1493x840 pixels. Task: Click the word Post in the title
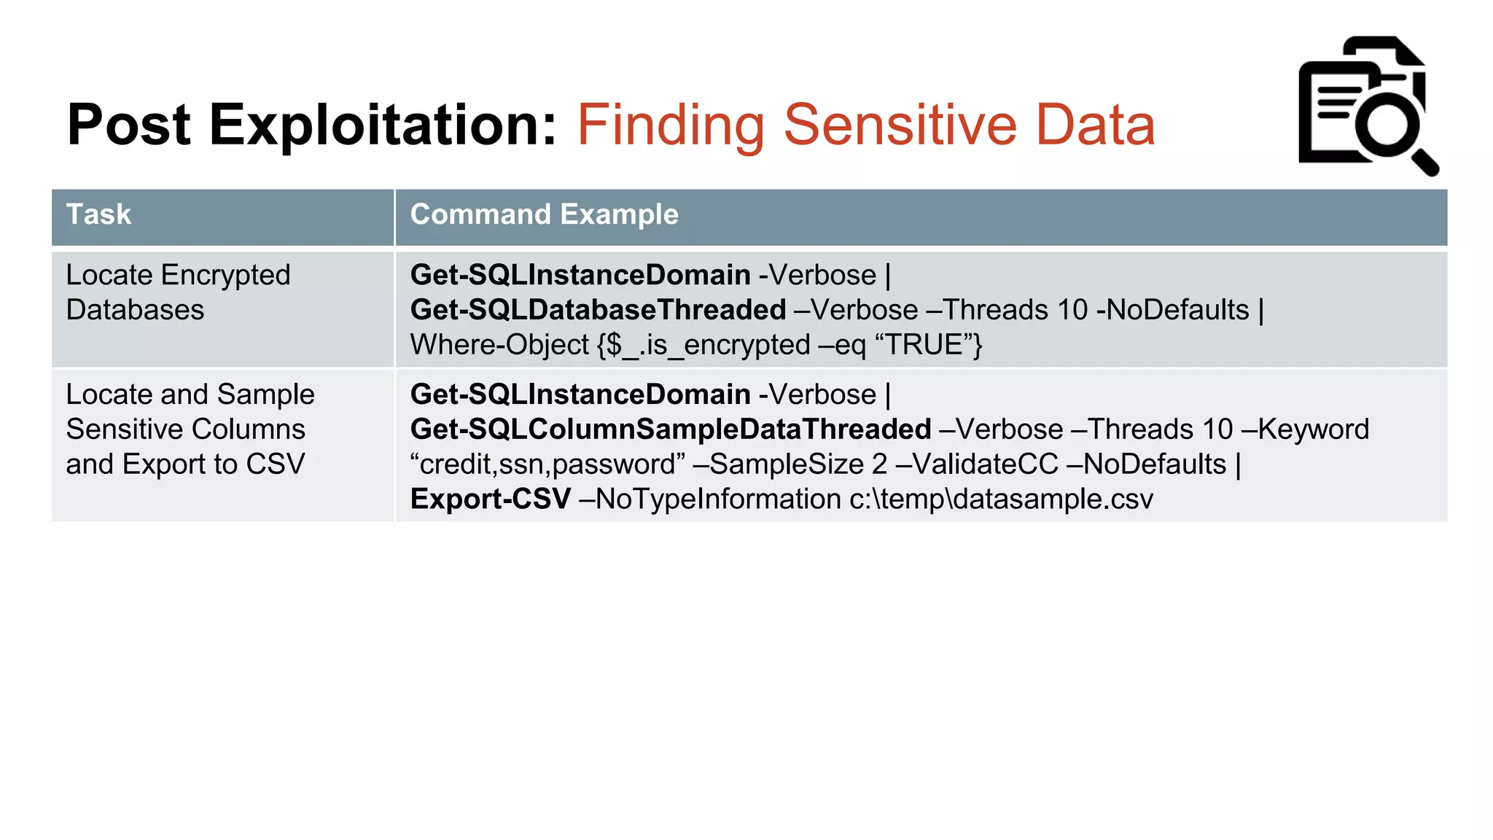point(128,125)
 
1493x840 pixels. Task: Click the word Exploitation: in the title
point(383,125)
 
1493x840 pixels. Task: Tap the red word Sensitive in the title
point(900,125)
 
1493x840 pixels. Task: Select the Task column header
point(98,215)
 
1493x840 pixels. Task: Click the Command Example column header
point(544,215)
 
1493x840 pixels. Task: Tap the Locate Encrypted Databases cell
point(178,292)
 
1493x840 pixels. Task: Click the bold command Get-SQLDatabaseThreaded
point(598,310)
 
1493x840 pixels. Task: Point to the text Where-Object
point(499,345)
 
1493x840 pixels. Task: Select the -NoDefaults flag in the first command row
point(1172,310)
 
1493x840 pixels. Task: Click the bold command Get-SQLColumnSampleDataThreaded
point(671,429)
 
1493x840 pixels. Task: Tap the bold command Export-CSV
point(490,499)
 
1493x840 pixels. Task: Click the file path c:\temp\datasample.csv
point(1001,499)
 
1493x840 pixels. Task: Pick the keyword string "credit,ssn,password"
point(547,464)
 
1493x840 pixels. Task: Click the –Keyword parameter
point(1304,429)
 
